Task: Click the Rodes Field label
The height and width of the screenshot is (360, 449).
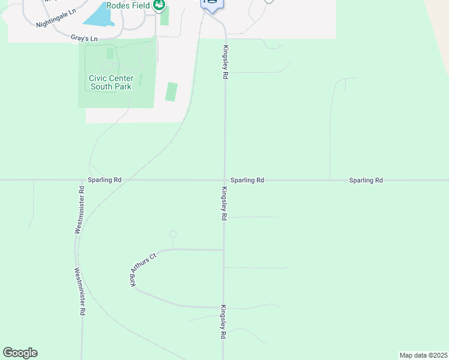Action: (128, 5)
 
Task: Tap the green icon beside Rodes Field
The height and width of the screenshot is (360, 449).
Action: (158, 6)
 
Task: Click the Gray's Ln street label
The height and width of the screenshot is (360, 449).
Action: (84, 38)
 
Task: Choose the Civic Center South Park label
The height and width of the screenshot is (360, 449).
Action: (110, 82)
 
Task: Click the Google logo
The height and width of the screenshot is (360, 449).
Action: (20, 353)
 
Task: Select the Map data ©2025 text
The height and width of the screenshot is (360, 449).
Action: (423, 355)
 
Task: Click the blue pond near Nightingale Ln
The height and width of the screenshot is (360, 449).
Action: (100, 15)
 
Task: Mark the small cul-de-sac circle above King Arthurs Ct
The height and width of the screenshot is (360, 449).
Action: (173, 235)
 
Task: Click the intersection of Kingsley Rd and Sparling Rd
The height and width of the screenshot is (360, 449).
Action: (224, 180)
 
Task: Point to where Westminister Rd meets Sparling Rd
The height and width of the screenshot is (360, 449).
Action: (81, 180)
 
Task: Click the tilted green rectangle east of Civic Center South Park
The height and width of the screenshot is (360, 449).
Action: (172, 92)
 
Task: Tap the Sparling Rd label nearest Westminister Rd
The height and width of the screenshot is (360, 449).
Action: (104, 180)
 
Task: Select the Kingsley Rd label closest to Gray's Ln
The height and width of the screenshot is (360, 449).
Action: (226, 62)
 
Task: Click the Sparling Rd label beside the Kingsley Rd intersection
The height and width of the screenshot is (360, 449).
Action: (247, 180)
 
